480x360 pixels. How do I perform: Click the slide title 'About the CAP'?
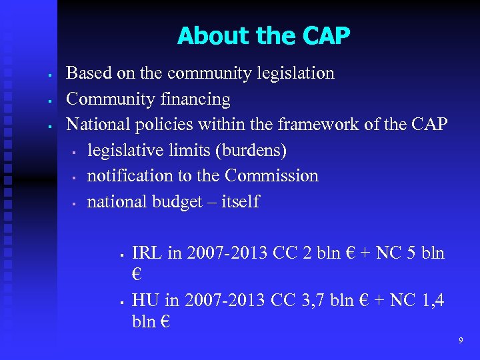point(263,35)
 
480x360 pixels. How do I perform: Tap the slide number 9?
point(461,341)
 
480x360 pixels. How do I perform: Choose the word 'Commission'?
point(271,175)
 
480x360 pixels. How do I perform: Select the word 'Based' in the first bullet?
point(85,73)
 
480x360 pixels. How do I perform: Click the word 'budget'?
point(177,201)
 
